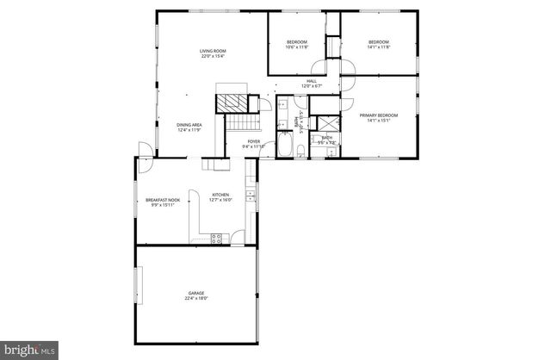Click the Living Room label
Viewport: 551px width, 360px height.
click(x=213, y=52)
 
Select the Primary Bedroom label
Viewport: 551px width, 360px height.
click(x=379, y=115)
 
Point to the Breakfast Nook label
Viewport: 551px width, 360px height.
click(x=163, y=200)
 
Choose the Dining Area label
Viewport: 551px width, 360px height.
click(x=189, y=126)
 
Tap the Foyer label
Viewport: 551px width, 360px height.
click(x=254, y=141)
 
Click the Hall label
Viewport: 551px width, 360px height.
click(x=312, y=81)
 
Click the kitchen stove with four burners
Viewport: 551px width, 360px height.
click(x=216, y=237)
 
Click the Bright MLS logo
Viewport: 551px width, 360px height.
click(x=29, y=350)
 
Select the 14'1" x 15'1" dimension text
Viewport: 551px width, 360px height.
click(x=379, y=121)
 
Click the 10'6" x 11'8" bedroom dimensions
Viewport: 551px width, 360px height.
click(x=296, y=47)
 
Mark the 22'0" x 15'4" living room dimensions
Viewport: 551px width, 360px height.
click(x=213, y=57)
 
